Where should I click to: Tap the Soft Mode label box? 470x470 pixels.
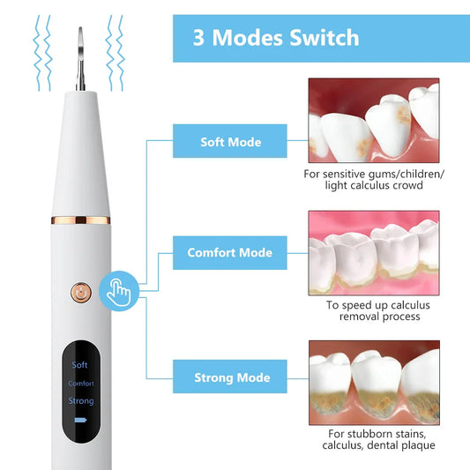point(229,141)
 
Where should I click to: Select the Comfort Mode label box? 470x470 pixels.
point(229,253)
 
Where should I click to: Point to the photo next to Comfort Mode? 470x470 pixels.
point(373,251)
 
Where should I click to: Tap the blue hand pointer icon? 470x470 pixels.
point(117,290)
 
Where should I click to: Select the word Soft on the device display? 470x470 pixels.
point(80,365)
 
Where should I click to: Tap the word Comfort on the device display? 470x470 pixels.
point(80,384)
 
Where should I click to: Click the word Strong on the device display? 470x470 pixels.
point(80,401)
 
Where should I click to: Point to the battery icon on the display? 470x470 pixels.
point(81,422)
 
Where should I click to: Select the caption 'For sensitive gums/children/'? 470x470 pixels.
point(374,174)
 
